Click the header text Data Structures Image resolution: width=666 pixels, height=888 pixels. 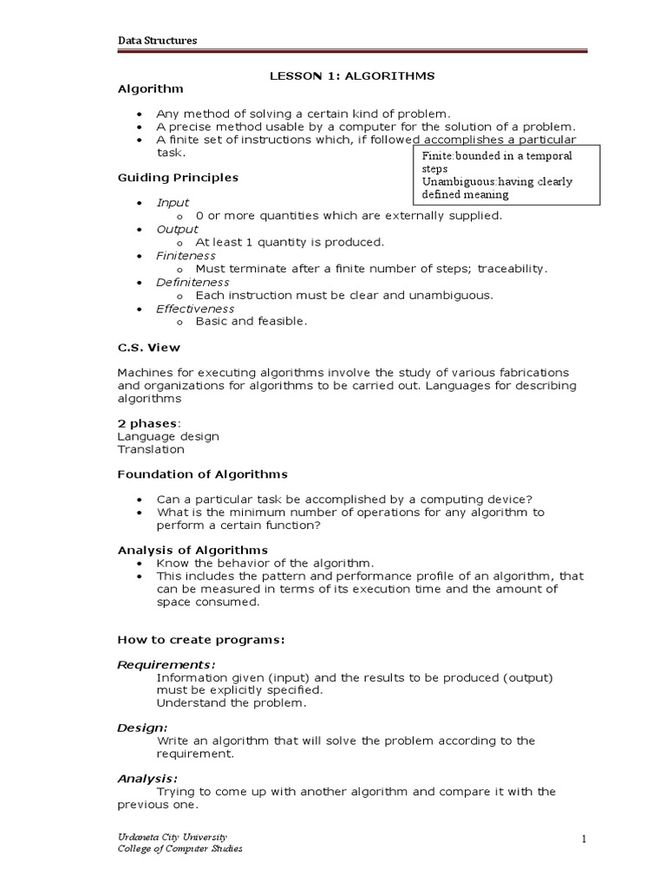point(157,41)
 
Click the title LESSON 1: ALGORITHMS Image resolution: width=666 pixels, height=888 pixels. point(353,76)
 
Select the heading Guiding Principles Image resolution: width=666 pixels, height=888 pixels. point(178,178)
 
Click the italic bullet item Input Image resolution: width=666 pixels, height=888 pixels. point(173,203)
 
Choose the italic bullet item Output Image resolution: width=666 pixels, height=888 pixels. point(177,229)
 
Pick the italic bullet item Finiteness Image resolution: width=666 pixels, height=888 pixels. point(186,256)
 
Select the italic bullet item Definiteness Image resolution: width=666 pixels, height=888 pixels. point(193,282)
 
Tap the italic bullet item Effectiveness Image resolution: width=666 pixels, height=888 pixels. point(195,309)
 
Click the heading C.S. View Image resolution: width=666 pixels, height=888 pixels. point(149,348)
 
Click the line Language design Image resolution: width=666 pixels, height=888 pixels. point(168,436)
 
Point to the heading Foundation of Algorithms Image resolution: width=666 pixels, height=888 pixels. point(202,474)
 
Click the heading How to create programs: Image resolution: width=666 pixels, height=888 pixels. point(201,640)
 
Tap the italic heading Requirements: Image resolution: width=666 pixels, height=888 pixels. point(166,664)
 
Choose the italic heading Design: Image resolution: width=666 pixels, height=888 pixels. point(143,728)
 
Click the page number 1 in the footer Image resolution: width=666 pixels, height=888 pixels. point(585,839)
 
